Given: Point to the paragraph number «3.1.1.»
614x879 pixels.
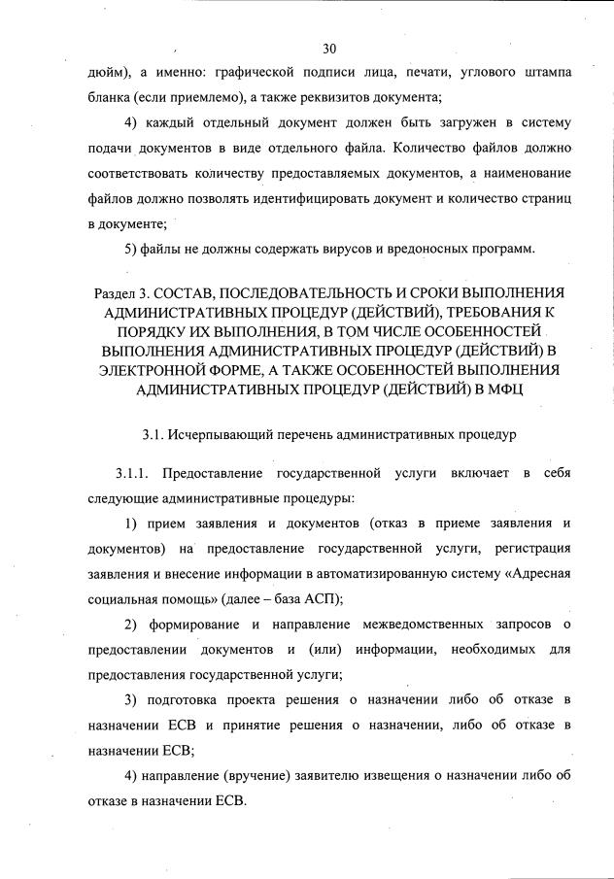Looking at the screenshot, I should [135, 473].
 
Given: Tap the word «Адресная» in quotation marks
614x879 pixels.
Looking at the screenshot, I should [533, 574].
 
